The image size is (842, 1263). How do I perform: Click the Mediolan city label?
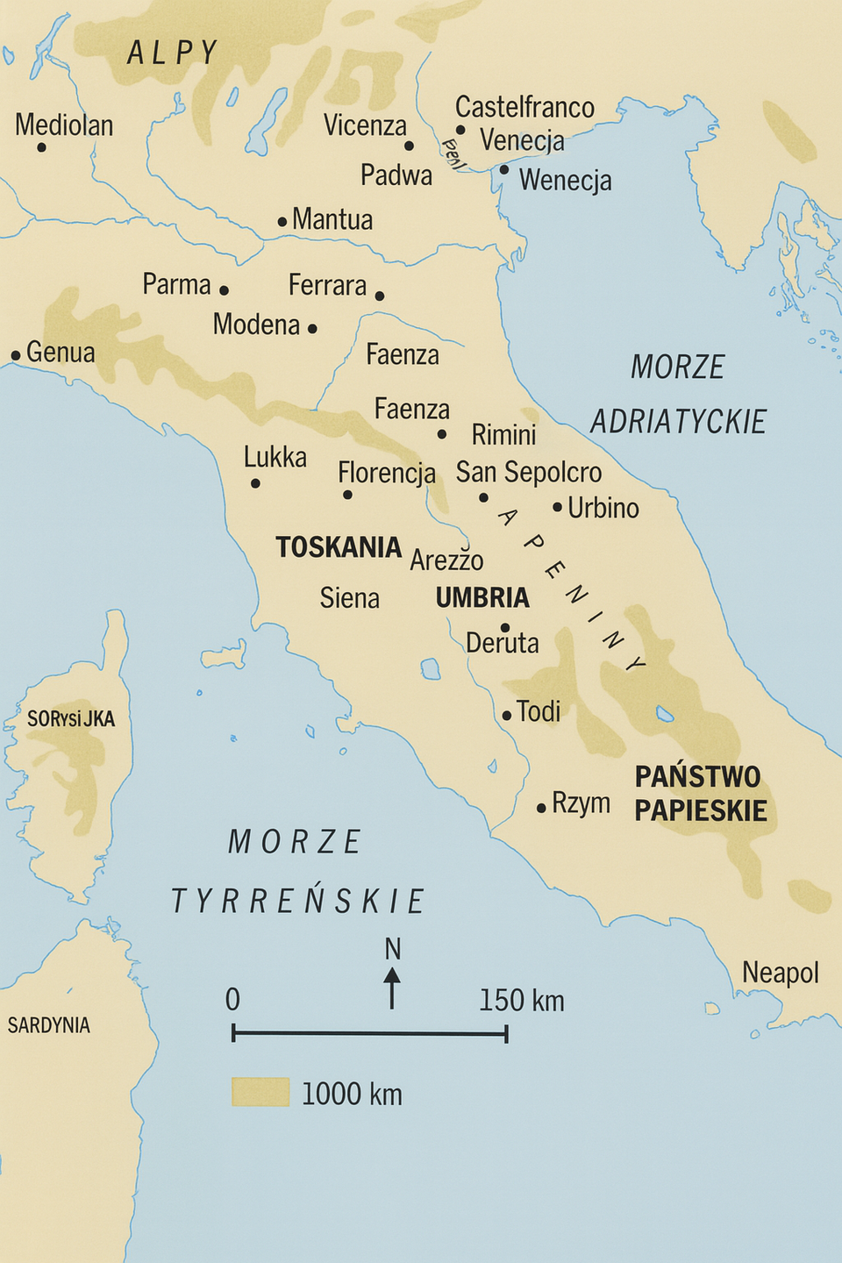tap(64, 125)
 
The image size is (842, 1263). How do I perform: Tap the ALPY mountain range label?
tap(172, 53)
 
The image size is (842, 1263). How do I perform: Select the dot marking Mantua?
tap(282, 222)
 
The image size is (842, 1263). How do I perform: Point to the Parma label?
tap(176, 285)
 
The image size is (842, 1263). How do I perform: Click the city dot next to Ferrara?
tap(379, 296)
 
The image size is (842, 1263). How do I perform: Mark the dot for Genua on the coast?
tap(16, 355)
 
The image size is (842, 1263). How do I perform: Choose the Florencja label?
tap(387, 473)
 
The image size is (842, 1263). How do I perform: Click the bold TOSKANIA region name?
tap(339, 547)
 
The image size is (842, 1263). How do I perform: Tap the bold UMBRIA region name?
tap(482, 598)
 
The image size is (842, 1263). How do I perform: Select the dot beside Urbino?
tap(557, 507)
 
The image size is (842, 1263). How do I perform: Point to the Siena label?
tap(349, 598)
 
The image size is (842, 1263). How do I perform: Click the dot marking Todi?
tap(506, 716)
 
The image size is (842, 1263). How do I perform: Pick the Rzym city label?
tap(581, 803)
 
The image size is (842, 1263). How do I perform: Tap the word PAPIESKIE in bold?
tap(701, 810)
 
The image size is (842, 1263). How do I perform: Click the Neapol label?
tap(780, 973)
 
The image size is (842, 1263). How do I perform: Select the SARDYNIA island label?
tap(49, 1025)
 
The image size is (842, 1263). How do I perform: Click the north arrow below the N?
tap(392, 988)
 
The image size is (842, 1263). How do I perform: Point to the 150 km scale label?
tap(521, 1001)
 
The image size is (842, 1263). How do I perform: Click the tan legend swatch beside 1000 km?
tap(260, 1092)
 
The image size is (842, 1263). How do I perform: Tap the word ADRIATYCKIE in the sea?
tap(678, 422)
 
